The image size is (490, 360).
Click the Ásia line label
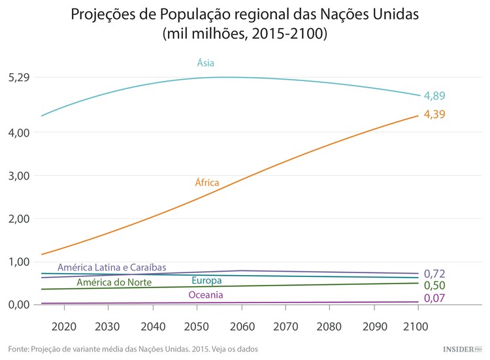click(206, 63)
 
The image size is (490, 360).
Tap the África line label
click(207, 182)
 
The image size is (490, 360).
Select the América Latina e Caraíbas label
click(112, 267)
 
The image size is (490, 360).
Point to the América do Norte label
click(114, 282)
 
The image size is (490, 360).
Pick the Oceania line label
click(206, 295)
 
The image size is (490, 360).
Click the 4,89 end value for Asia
click(434, 96)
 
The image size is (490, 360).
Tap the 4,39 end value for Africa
click(434, 114)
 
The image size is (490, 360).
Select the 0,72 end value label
click(434, 273)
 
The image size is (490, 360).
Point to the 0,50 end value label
click(434, 286)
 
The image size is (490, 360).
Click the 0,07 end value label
click(434, 299)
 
